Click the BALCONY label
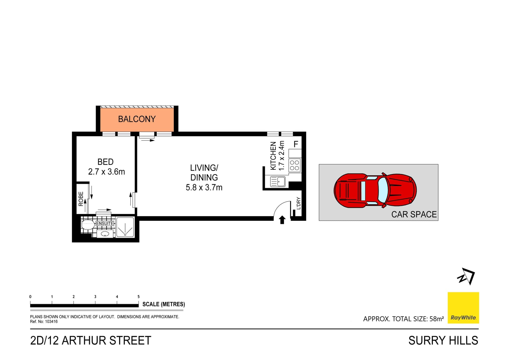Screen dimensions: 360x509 pos(137,119)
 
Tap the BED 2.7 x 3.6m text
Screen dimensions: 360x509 pos(106,167)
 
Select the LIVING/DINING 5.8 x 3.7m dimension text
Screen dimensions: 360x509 pos(204,187)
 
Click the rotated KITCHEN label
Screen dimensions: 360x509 pos(273,156)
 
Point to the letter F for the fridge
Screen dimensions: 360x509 pos(296,144)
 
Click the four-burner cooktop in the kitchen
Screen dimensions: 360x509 pos(295,165)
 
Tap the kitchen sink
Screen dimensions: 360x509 pos(278,182)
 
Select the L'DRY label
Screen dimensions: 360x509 pos(299,203)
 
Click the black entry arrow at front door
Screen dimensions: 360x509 pos(282,220)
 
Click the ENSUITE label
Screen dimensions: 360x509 pos(105,223)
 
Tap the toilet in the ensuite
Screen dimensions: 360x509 pos(87,225)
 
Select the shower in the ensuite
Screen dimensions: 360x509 pos(125,227)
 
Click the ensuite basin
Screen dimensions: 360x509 pos(105,234)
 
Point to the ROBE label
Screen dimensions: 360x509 pos(81,199)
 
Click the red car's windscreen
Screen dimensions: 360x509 pos(383,190)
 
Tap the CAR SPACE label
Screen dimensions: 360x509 pos(414,214)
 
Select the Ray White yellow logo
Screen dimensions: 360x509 pos(463,308)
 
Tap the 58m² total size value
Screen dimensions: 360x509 pos(436,319)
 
